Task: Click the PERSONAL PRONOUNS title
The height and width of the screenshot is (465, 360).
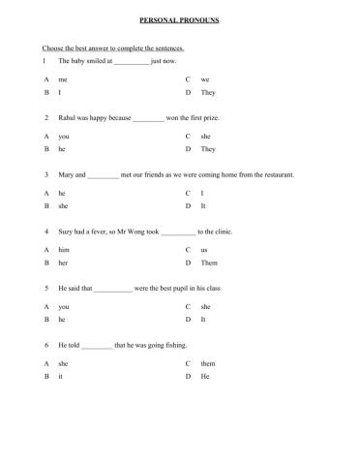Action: click(180, 18)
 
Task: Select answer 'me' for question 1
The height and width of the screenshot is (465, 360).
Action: click(63, 78)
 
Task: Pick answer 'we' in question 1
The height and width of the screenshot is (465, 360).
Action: click(205, 78)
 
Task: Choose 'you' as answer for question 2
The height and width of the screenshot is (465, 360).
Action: click(64, 137)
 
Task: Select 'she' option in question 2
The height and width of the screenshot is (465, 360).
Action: click(205, 137)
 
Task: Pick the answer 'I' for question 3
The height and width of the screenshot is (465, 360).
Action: click(201, 194)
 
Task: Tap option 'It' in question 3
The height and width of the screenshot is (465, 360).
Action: click(203, 206)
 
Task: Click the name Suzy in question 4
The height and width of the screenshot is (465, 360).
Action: click(68, 232)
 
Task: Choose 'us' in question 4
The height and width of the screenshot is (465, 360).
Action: click(204, 250)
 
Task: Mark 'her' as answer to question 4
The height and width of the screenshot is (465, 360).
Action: click(64, 263)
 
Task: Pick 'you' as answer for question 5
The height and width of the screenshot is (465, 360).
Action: click(64, 307)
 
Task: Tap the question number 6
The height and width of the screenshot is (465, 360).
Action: click(45, 346)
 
